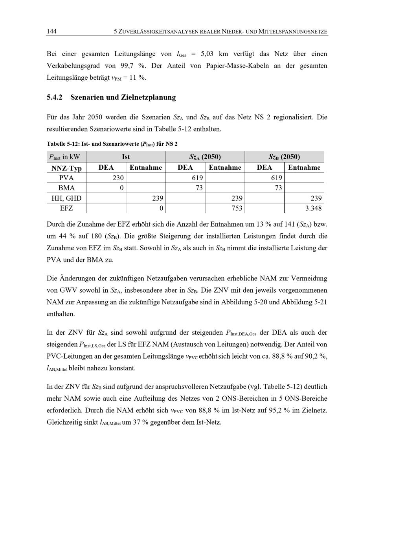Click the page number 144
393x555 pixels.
(x=51, y=31)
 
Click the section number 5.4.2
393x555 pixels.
(x=55, y=97)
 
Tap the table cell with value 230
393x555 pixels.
(x=118, y=178)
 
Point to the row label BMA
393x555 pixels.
(x=66, y=188)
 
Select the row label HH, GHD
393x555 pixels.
(x=66, y=198)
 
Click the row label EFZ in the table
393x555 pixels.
(x=66, y=208)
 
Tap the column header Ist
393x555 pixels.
(x=126, y=157)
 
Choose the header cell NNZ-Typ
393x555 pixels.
(x=66, y=168)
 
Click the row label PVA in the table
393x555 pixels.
(x=66, y=178)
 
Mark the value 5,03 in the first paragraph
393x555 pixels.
(x=207, y=54)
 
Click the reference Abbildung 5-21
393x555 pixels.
(x=304, y=302)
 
